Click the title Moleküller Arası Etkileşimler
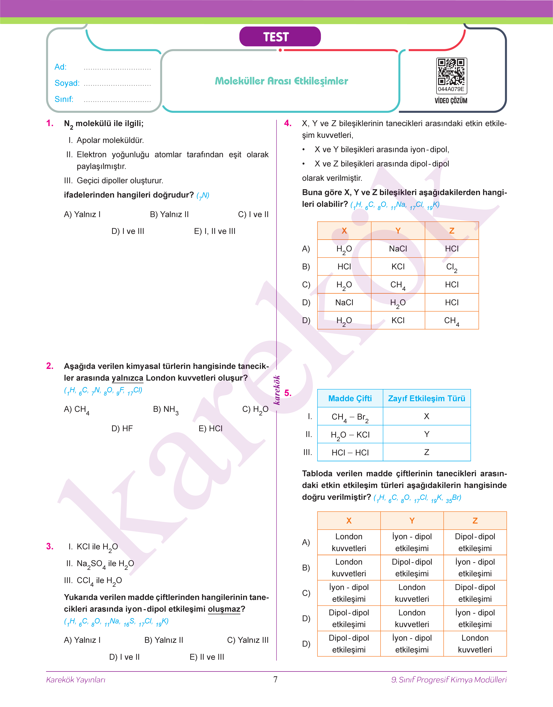tap(281, 81)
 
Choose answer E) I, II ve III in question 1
tap(215, 231)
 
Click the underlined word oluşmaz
tap(224, 609)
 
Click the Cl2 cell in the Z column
tap(452, 267)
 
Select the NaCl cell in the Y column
tap(398, 249)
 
